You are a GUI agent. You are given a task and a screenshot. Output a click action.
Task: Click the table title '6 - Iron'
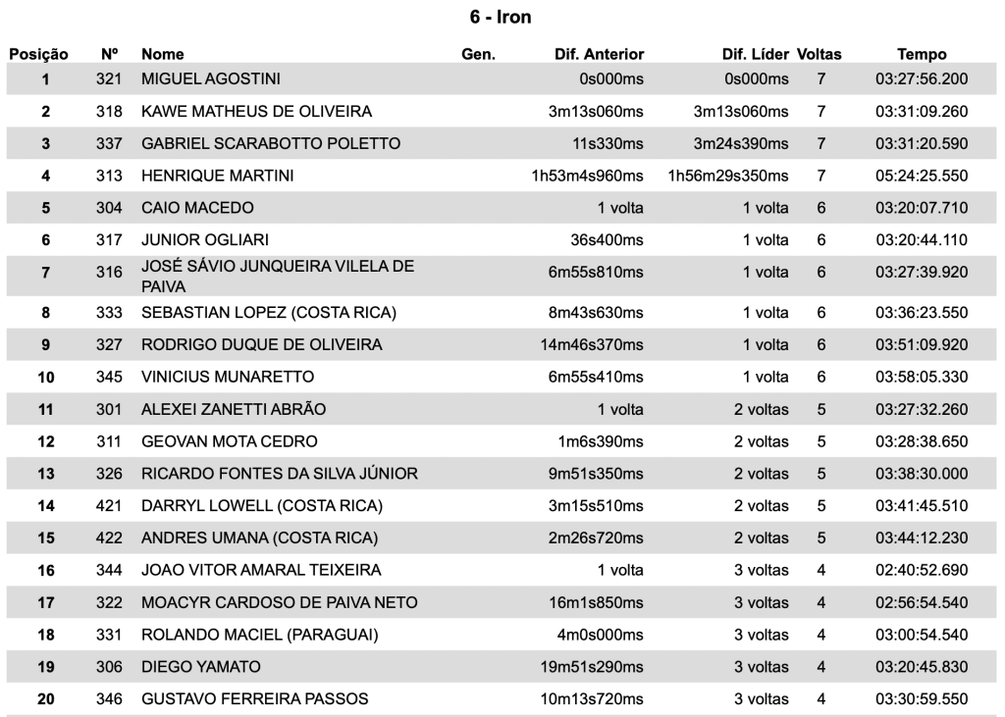coord(501,18)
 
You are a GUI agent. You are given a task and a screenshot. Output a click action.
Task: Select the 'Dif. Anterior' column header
coord(599,54)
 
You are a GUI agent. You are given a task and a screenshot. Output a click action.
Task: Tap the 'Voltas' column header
coord(820,54)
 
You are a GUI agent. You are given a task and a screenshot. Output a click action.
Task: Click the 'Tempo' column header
coord(922,54)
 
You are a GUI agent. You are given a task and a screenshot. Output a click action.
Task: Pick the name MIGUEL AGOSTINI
coord(212,78)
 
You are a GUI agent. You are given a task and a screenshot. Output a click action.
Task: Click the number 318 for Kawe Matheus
coord(110,111)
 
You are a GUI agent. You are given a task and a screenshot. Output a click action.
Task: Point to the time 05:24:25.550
coord(922,177)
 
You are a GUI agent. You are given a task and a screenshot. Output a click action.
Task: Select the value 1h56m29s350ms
coord(727,177)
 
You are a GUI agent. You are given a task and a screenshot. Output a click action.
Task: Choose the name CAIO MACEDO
coord(197,208)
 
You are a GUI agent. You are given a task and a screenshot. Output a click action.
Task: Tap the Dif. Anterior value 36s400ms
coord(608,240)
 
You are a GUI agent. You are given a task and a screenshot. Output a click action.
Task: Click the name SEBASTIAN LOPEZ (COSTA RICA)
coord(268,313)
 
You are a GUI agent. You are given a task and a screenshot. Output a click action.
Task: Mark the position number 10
coord(45,378)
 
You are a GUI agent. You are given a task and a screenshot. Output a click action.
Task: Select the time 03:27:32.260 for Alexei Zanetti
coord(922,409)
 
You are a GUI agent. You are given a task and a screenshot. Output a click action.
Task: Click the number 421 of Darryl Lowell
coord(110,506)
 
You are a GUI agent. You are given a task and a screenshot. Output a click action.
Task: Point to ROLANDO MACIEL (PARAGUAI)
coord(259,635)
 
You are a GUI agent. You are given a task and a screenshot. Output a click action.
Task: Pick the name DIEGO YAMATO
coord(201,667)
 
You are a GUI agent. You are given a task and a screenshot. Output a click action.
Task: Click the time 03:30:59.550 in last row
coord(922,699)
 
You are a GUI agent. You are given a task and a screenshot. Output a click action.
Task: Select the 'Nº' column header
coord(110,54)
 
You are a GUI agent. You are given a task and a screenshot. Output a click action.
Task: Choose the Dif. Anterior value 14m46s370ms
coord(595,345)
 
